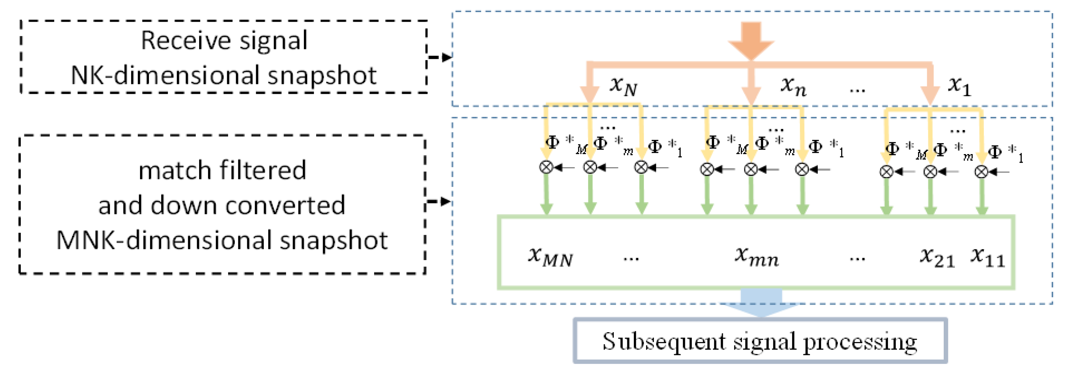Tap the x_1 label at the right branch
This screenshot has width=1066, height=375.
(x=959, y=86)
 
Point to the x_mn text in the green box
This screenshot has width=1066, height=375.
(x=757, y=256)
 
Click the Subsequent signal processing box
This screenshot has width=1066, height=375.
(x=760, y=341)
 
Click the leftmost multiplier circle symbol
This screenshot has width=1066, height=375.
(x=546, y=168)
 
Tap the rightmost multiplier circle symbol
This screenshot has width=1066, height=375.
(x=981, y=172)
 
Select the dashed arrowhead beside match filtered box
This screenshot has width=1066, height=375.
(x=445, y=202)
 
